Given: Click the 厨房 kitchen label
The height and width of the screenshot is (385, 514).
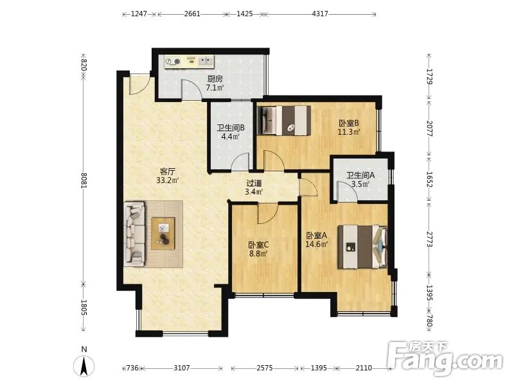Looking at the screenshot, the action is pyautogui.click(x=215, y=79).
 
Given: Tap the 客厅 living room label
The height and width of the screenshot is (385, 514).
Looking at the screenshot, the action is pyautogui.click(x=168, y=171).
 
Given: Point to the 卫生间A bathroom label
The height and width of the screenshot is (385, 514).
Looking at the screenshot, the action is pyautogui.click(x=360, y=175).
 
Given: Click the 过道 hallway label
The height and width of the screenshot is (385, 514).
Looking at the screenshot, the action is pyautogui.click(x=254, y=184).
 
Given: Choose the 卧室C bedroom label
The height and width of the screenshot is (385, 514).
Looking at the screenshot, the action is pyautogui.click(x=259, y=244).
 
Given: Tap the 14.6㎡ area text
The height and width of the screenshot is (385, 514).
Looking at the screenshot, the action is pyautogui.click(x=317, y=244).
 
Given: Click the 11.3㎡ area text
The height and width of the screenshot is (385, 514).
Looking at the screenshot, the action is pyautogui.click(x=349, y=132).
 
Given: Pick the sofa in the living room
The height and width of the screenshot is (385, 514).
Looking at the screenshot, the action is pyautogui.click(x=134, y=234).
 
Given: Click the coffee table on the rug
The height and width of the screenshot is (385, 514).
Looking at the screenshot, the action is pyautogui.click(x=163, y=234).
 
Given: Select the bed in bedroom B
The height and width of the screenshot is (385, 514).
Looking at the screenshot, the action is pyautogui.click(x=284, y=120).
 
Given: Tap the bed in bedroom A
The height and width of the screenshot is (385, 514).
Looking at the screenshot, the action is pyautogui.click(x=363, y=247).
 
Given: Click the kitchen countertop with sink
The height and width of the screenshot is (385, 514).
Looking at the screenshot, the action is pyautogui.click(x=190, y=61).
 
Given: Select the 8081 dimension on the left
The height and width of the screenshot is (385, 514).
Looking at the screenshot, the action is pyautogui.click(x=84, y=180).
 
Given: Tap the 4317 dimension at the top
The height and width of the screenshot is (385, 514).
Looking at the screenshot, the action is pyautogui.click(x=320, y=13).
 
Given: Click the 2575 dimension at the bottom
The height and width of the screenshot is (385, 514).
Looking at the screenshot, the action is pyautogui.click(x=265, y=368).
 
